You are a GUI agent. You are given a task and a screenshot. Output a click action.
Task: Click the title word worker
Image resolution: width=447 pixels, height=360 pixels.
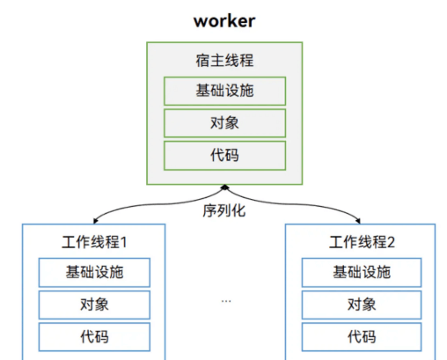(224, 21)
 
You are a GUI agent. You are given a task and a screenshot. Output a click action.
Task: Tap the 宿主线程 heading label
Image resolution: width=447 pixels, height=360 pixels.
(224, 61)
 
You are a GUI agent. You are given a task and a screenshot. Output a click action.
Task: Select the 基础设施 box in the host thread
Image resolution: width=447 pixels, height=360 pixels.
(224, 91)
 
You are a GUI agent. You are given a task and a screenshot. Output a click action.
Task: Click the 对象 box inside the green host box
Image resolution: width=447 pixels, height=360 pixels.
(224, 123)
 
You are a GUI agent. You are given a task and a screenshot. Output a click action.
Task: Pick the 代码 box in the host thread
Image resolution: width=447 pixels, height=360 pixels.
(224, 156)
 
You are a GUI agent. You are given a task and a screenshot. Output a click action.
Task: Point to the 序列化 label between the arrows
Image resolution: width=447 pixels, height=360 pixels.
(224, 210)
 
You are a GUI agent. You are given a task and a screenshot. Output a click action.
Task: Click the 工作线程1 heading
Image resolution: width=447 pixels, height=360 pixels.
(94, 242)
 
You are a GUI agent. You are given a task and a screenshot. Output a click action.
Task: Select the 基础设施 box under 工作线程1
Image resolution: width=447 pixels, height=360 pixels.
(94, 273)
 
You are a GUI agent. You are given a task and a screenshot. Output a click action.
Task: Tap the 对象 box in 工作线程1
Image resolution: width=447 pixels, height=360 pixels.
(94, 305)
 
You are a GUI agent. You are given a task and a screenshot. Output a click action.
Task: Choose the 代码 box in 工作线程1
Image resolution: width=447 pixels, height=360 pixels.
(94, 337)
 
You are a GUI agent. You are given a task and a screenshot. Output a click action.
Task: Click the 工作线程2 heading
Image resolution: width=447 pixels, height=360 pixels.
(362, 242)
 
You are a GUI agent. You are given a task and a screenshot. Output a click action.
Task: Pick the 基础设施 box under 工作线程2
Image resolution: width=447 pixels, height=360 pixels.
(362, 273)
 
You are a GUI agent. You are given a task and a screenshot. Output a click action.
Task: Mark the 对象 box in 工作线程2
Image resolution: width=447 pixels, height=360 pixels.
(362, 305)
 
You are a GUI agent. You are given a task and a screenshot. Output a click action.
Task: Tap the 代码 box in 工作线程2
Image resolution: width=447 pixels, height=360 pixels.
(362, 337)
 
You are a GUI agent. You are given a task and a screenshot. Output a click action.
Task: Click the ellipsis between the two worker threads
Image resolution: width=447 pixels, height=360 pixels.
(226, 301)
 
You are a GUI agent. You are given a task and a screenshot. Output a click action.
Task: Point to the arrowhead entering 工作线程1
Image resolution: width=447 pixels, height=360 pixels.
(95, 221)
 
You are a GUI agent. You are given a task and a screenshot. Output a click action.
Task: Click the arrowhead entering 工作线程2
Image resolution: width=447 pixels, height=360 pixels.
(358, 221)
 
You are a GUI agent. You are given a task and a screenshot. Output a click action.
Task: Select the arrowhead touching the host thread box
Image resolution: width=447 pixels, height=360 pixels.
(224, 187)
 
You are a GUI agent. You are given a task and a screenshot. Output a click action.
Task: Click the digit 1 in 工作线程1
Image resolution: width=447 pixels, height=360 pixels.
(123, 243)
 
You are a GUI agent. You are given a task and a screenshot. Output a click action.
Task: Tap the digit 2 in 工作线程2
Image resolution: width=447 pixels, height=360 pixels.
(392, 243)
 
